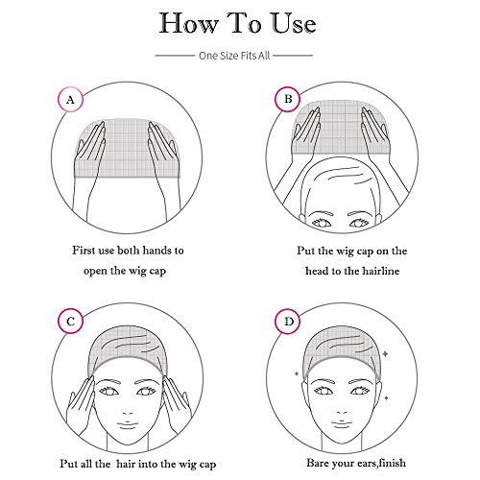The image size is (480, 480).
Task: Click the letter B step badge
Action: [x=285, y=99]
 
